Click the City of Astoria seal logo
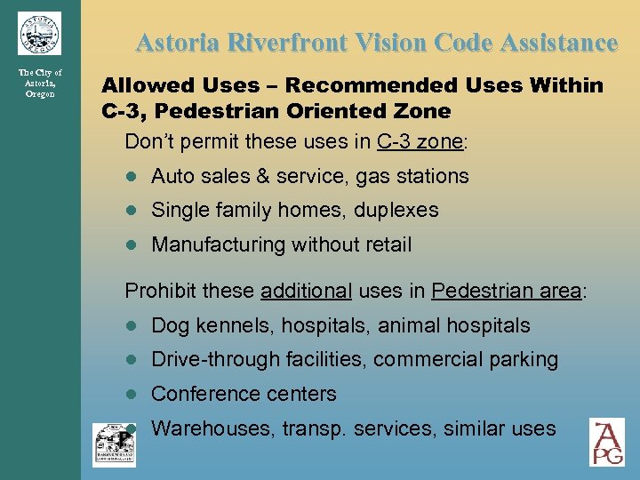coord(39,33)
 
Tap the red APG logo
coord(607,443)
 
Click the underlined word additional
coord(307,291)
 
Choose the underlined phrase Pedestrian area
coord(505,291)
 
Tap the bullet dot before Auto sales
coord(131,177)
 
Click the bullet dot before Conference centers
coord(131,395)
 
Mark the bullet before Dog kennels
coord(131,327)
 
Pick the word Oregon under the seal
coord(39,94)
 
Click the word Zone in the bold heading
coord(421,111)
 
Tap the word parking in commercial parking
coord(524,360)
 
